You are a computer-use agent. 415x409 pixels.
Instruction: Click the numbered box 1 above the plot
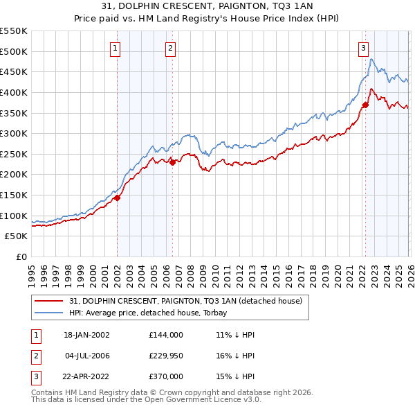point(115,48)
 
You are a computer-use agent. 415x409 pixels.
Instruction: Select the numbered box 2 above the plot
point(170,48)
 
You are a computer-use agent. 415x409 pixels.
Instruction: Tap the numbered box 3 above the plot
point(363,48)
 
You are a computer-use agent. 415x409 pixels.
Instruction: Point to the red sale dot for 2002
point(117,198)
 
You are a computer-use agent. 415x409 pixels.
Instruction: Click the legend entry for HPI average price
point(153,313)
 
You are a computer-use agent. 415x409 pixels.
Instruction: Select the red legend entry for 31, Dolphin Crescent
point(185,301)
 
